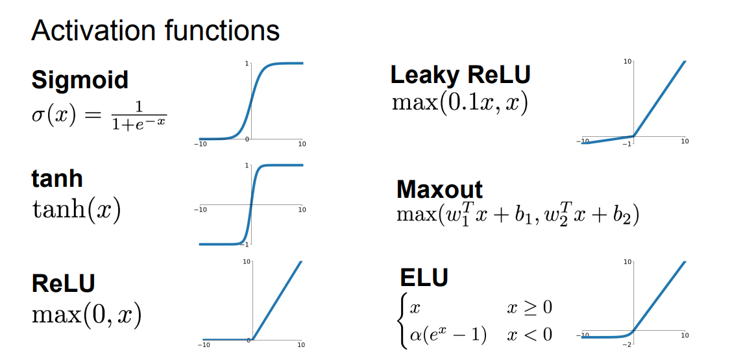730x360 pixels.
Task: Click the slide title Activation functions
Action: tap(156, 30)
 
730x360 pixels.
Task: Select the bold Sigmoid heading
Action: tap(80, 80)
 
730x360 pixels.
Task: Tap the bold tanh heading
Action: tap(57, 178)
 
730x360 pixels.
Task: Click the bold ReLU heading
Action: tap(64, 283)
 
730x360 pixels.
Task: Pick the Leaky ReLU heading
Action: tap(460, 75)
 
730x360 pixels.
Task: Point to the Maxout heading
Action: tap(439, 189)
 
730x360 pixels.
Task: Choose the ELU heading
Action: tap(424, 277)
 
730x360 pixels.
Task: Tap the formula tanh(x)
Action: tap(77, 211)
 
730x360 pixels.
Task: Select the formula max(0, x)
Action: tap(86, 315)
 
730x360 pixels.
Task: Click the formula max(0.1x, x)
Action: tap(459, 102)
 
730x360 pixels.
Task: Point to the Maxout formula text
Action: tap(517, 215)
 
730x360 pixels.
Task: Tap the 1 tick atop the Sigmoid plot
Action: tap(247, 64)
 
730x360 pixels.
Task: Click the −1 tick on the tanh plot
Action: tap(246, 244)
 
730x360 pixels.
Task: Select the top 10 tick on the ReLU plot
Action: tap(246, 261)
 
